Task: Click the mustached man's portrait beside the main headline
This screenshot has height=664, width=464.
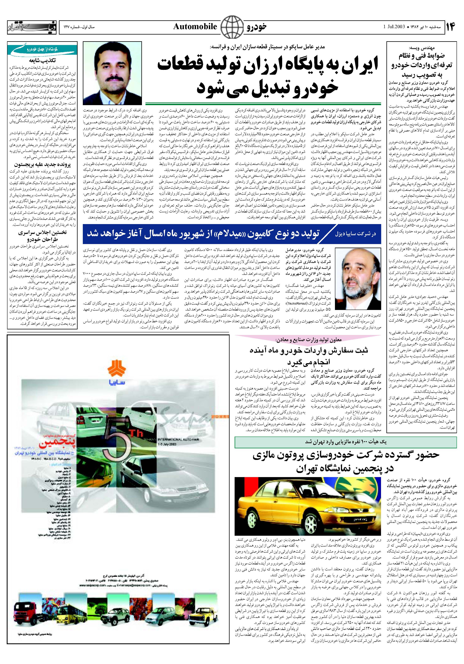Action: tap(112, 73)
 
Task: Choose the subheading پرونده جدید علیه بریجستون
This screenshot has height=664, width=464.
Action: tap(43, 165)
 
